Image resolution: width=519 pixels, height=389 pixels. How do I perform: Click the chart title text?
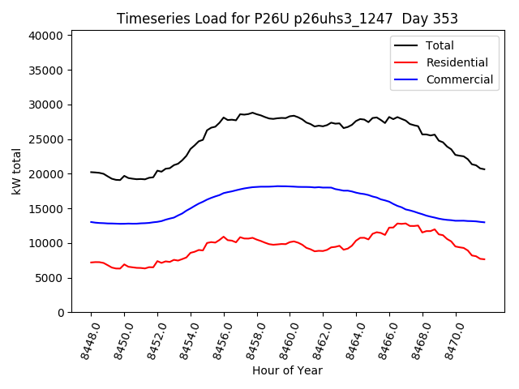coord(287,19)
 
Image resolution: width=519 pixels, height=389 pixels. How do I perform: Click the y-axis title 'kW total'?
coord(16,172)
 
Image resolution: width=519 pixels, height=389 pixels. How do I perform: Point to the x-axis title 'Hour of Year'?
coord(287,370)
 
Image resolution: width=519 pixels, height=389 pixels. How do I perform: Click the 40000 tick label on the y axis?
coord(47,36)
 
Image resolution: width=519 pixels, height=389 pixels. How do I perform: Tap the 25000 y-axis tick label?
coord(47,139)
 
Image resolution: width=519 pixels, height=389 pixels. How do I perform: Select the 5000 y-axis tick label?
coord(50,278)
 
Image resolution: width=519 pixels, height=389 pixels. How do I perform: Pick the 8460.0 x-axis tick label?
coord(285,340)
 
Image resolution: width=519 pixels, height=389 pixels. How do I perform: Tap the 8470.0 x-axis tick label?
coord(451,340)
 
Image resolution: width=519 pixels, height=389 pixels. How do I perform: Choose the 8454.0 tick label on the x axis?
coord(186,340)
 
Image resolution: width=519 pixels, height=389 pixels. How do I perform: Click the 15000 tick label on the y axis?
coord(47,209)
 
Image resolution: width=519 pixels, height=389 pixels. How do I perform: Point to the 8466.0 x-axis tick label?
coord(384,340)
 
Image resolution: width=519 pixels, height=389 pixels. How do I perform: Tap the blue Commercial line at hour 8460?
coord(290,186)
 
